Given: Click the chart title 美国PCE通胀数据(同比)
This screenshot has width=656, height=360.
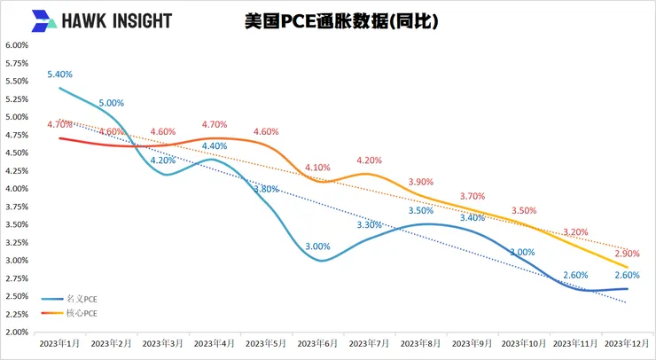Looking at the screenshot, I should click(340, 20).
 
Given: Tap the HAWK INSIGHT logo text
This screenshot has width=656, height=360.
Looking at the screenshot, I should click(113, 20).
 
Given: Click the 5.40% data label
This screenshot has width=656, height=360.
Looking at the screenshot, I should click(59, 74).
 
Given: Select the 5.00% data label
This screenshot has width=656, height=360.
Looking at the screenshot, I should click(112, 103).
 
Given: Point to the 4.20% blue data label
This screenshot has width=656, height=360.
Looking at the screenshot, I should click(162, 160).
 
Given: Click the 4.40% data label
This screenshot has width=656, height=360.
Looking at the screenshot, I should click(215, 146).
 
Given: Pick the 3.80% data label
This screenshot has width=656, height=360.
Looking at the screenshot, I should click(265, 189).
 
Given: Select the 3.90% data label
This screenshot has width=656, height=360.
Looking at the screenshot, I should click(420, 182).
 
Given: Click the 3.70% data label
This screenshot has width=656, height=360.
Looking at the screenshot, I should click(472, 196).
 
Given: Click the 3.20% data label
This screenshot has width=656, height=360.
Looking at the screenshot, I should click(574, 232).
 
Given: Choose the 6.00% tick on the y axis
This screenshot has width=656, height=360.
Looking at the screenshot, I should click(16, 45).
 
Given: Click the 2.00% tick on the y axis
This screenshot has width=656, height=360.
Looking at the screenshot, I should click(16, 332).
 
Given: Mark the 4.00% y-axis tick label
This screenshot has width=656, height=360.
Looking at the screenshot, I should click(16, 189).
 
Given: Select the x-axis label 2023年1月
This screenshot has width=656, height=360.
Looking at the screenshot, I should click(59, 341).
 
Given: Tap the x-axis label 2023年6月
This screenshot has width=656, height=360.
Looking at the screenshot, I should click(316, 341).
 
